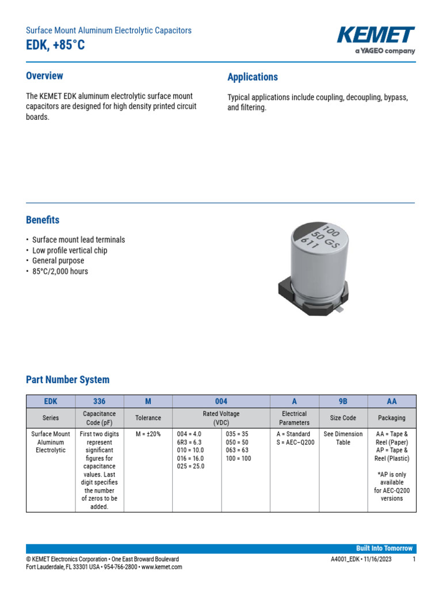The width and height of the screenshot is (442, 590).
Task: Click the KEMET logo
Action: tap(376, 36)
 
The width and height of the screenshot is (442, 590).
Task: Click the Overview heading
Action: tap(44, 76)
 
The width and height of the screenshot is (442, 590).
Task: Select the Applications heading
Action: tap(252, 77)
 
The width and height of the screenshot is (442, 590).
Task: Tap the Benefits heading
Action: tap(43, 220)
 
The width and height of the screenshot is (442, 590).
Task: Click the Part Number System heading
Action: tap(67, 380)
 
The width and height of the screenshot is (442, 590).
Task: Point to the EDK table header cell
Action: tap(51, 402)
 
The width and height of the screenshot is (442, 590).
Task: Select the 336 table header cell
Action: tap(99, 402)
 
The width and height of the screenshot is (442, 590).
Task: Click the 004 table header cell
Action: tap(221, 402)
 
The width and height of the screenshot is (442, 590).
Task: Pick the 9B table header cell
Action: tap(343, 402)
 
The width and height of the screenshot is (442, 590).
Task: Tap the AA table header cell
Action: tap(391, 402)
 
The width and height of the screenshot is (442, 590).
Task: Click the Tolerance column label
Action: tap(148, 418)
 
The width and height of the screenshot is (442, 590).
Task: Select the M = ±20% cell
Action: tap(148, 434)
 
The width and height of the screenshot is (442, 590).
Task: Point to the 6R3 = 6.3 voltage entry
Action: tap(189, 442)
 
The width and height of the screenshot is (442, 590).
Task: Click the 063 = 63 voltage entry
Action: tap(238, 451)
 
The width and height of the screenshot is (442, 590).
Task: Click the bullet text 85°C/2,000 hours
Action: tap(60, 271)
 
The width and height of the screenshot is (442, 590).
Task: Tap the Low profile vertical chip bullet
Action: tap(70, 251)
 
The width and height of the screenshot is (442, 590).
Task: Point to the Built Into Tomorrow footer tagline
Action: tap(384, 549)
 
